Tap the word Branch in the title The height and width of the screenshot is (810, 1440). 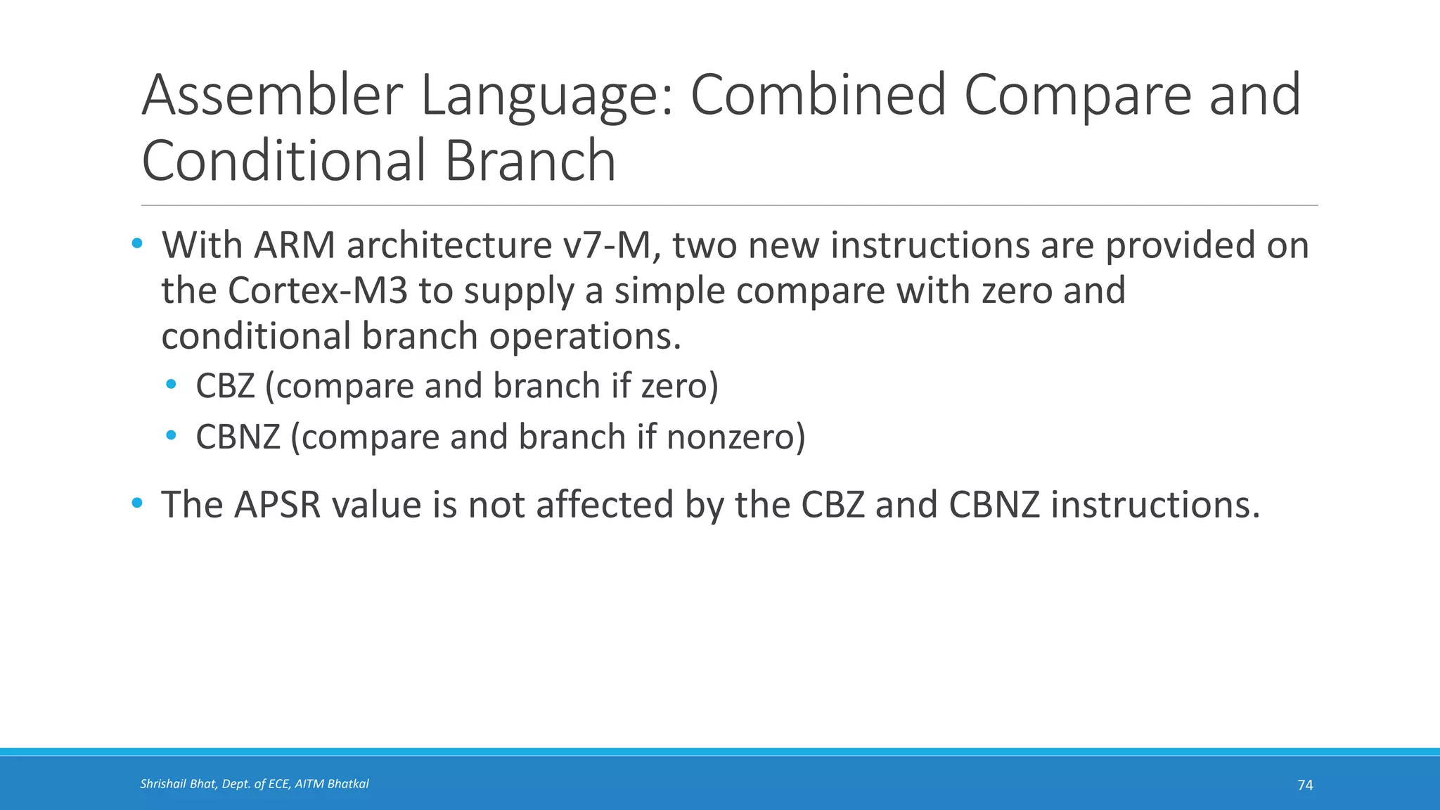coord(530,160)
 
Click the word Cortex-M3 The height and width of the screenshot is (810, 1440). coord(318,290)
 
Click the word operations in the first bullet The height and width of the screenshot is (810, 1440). coord(584,336)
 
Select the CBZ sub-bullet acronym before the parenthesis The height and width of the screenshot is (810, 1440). coord(225,386)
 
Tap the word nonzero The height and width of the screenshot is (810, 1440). coord(731,437)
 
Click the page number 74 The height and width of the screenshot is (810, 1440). coord(1305,785)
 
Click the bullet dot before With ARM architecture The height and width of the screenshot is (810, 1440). coord(137,245)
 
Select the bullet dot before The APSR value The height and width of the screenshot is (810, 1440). coord(137,503)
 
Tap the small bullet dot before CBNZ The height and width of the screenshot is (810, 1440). coord(172,436)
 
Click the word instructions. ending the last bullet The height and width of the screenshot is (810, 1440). coord(1155,505)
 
